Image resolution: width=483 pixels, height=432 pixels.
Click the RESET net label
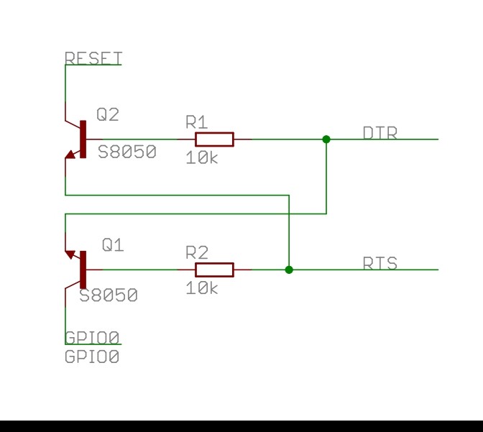click(93, 58)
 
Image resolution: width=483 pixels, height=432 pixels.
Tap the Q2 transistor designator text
click(108, 114)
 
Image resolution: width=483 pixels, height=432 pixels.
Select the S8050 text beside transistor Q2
click(127, 152)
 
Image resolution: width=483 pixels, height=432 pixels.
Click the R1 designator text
click(196, 121)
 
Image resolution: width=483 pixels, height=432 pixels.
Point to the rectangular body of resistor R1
click(214, 139)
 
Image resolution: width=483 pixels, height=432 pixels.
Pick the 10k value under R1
click(202, 158)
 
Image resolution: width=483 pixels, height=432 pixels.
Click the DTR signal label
click(380, 133)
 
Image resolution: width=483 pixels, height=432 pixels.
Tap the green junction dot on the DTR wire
click(326, 139)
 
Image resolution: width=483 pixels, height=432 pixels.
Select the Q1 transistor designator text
click(113, 245)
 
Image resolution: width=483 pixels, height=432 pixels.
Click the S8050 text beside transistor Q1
click(109, 295)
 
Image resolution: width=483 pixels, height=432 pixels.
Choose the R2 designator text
click(197, 252)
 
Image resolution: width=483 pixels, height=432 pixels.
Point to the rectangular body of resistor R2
click(214, 270)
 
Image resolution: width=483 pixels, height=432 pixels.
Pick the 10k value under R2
click(202, 288)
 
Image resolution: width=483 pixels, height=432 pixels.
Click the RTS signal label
click(380, 263)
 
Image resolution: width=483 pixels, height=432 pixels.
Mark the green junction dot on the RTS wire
click(289, 270)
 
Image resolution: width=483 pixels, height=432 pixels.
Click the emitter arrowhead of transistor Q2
click(70, 154)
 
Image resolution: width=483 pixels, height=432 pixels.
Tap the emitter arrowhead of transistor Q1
click(70, 254)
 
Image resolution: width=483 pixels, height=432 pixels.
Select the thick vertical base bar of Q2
click(83, 139)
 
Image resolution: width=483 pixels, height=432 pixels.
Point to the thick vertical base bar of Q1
click(83, 270)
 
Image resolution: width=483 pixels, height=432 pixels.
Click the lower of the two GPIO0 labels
click(92, 356)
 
